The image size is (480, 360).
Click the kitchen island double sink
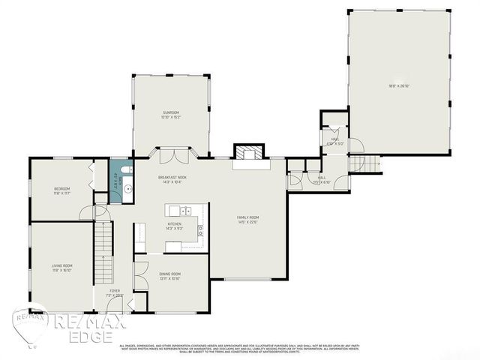pos(179,210)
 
